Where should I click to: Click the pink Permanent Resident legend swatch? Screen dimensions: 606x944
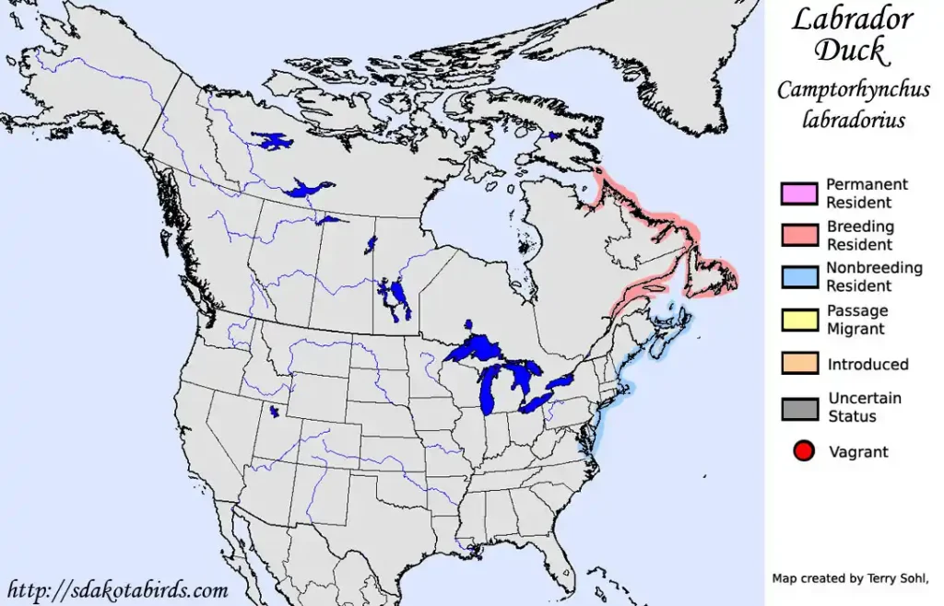798,193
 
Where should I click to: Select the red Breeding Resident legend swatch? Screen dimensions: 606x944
798,236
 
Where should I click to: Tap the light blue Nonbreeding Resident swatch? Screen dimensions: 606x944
798,277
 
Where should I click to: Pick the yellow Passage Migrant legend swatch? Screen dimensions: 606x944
798,320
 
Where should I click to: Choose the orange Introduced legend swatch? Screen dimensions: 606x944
798,364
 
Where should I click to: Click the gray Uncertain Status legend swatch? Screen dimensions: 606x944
798,407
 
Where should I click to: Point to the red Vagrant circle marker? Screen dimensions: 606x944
803,451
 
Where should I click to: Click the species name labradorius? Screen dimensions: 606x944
853,120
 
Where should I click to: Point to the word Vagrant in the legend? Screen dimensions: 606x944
858,451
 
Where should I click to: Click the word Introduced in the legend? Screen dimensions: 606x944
867,364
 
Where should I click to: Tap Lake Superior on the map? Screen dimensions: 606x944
478,350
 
